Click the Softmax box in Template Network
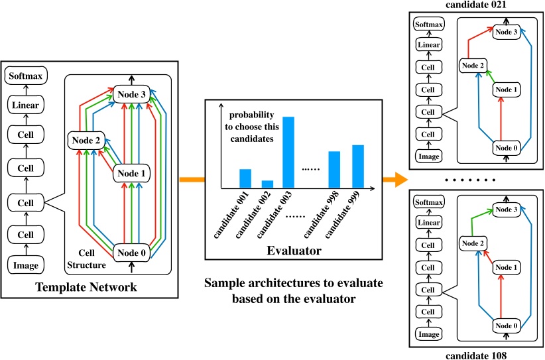click(26, 76)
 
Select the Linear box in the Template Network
click(26, 104)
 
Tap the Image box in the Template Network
click(26, 265)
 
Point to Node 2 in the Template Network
click(84, 141)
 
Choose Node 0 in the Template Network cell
click(132, 252)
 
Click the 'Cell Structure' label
click(86, 259)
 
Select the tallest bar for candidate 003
click(288, 152)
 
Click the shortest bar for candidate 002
click(267, 184)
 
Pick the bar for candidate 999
click(358, 166)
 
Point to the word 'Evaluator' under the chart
click(294, 251)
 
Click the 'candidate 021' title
click(474, 5)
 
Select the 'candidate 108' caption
click(474, 355)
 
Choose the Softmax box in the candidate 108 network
click(428, 202)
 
